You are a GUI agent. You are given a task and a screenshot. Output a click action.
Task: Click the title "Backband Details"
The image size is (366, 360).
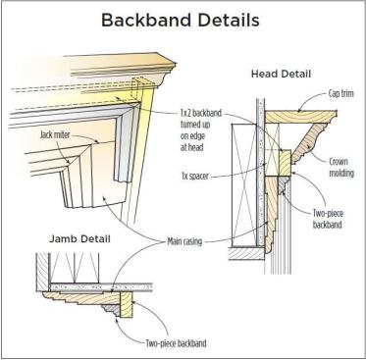(x=181, y=21)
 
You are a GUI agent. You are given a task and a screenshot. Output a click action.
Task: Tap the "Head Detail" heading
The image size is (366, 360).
(x=281, y=74)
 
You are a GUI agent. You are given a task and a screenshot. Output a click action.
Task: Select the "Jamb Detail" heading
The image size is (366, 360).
(x=79, y=238)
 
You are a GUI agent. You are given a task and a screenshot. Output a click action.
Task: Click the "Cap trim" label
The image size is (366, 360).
(x=340, y=93)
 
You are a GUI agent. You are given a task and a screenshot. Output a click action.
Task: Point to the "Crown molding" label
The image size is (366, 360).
(x=341, y=167)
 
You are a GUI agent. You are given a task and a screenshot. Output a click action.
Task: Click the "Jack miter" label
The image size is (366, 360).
(x=55, y=134)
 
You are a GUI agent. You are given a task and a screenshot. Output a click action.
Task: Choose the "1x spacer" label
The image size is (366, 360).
(x=194, y=177)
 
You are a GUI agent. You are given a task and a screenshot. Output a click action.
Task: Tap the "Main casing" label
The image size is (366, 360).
(x=184, y=241)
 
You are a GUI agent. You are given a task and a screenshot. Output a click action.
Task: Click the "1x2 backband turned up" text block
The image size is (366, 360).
(x=200, y=130)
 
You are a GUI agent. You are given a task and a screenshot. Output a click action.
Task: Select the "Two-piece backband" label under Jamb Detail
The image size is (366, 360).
(x=176, y=343)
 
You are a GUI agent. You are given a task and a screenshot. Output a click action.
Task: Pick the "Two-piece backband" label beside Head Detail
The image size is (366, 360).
(x=328, y=220)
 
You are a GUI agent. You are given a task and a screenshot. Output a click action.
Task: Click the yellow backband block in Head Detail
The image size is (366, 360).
(x=286, y=163)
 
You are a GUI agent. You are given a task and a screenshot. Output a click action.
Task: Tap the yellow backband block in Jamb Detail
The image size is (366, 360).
(x=127, y=305)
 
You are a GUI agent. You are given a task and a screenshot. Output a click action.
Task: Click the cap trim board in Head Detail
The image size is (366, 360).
(x=300, y=117)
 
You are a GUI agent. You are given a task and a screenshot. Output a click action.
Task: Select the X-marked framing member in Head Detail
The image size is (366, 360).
(x=243, y=185)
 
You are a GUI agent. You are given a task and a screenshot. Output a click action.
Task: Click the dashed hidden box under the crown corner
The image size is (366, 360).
(x=137, y=87)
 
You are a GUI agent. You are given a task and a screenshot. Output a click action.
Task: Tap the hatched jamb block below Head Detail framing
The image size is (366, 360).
(x=246, y=253)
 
